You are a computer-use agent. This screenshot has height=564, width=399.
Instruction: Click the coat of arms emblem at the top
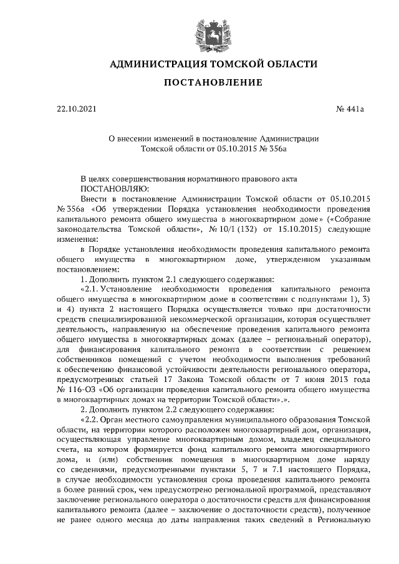(199, 31)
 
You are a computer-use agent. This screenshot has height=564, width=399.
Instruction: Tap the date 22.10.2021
(77, 110)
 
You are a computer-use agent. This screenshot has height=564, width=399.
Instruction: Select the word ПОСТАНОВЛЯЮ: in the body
(112, 188)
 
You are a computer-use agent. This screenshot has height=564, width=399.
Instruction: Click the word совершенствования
(148, 178)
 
